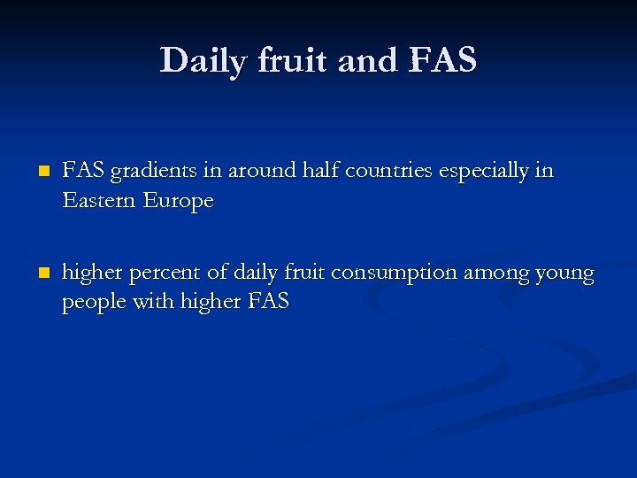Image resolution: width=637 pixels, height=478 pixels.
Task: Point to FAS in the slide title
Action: (x=443, y=60)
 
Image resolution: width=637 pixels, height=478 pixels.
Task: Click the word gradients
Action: (x=145, y=171)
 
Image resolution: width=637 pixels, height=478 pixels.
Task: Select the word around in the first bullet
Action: (x=257, y=171)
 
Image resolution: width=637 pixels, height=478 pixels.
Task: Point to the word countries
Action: (x=388, y=171)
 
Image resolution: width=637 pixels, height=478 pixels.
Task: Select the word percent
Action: (x=161, y=274)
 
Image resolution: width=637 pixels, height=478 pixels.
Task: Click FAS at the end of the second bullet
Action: (x=268, y=301)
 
